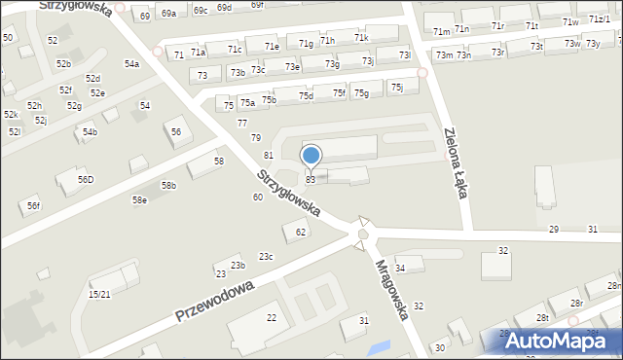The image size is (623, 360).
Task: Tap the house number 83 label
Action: pyautogui.click(x=311, y=180)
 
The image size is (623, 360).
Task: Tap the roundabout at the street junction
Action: pyautogui.click(x=363, y=234)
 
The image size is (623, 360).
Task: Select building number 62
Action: pyautogui.click(x=301, y=232)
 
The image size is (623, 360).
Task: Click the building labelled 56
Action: pyautogui.click(x=176, y=132)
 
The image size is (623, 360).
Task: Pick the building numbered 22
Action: pyautogui.click(x=272, y=318)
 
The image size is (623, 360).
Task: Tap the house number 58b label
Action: pyautogui.click(x=168, y=186)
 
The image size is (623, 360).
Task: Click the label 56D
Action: pyautogui.click(x=86, y=180)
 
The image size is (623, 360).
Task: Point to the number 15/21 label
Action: pyautogui.click(x=99, y=294)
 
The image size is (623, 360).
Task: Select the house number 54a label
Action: pyautogui.click(x=131, y=64)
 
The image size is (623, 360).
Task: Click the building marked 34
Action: pyautogui.click(x=400, y=267)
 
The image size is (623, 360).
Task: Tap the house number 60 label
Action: pyautogui.click(x=258, y=198)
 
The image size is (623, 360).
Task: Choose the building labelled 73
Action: pyautogui.click(x=202, y=75)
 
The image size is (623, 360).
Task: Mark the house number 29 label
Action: pyautogui.click(x=554, y=229)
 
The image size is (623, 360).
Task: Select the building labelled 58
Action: pyautogui.click(x=219, y=161)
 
